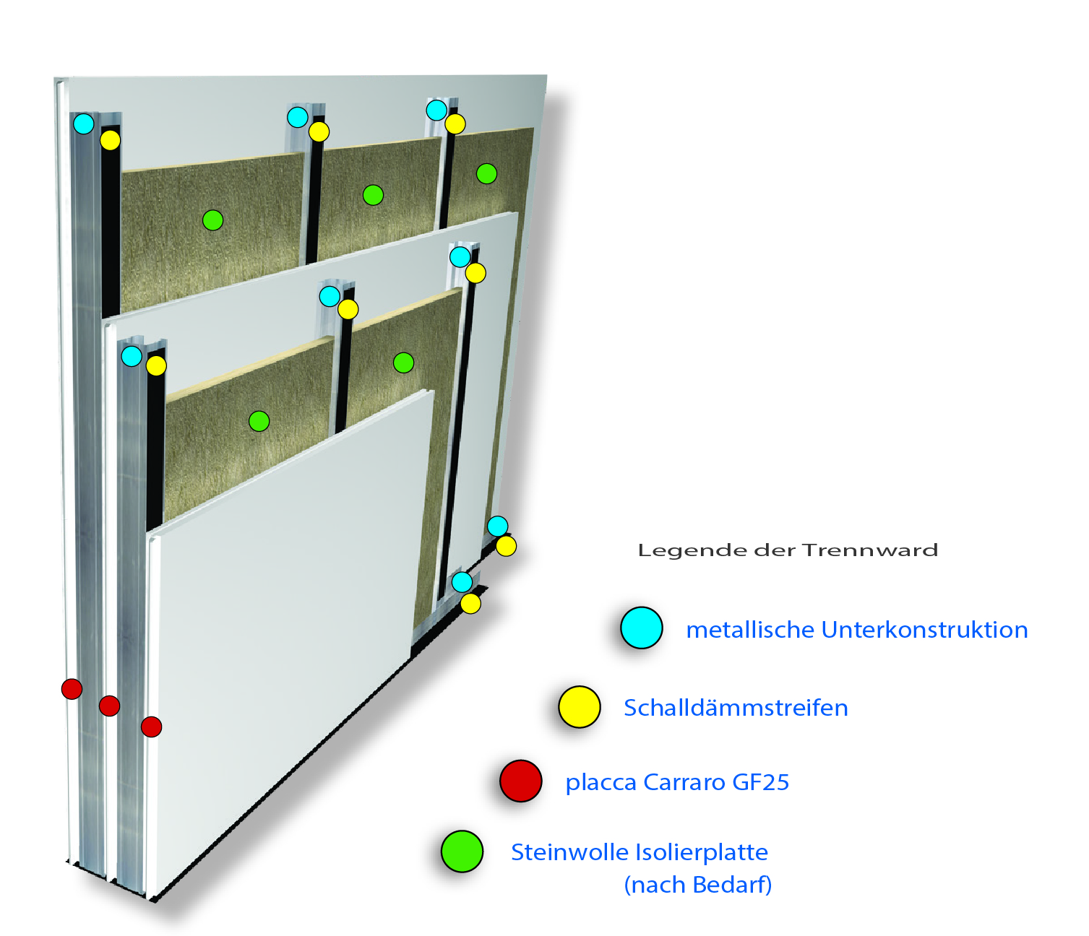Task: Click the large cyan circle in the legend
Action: click(641, 628)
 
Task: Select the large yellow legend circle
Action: click(580, 706)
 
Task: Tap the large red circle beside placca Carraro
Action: click(520, 781)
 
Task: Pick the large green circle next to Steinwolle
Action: click(462, 851)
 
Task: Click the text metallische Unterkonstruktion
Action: click(856, 630)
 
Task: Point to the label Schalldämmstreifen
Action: click(736, 708)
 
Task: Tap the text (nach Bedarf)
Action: click(697, 885)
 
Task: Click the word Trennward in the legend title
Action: click(870, 550)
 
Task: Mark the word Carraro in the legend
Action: click(682, 783)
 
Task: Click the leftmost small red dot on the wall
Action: click(72, 688)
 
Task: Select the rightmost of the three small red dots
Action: click(151, 727)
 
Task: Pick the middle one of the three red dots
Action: click(109, 706)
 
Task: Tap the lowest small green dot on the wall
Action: click(259, 420)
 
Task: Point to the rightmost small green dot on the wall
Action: click(486, 173)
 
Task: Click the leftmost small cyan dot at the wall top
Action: click(83, 123)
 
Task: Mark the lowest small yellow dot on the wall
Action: click(470, 603)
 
